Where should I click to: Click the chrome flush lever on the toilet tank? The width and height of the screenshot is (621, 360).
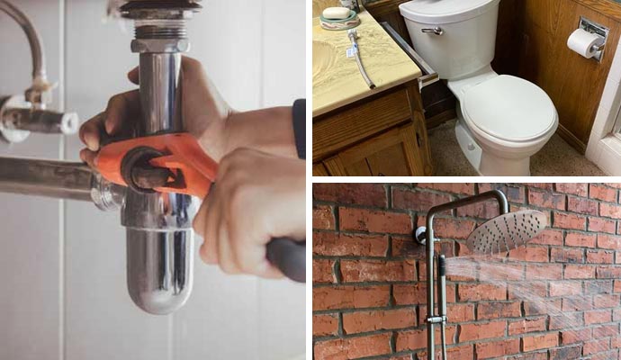click(x=433, y=31)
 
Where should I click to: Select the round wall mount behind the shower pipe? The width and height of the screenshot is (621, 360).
click(x=419, y=235)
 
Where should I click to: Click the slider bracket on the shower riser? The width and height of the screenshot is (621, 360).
click(x=435, y=319)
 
